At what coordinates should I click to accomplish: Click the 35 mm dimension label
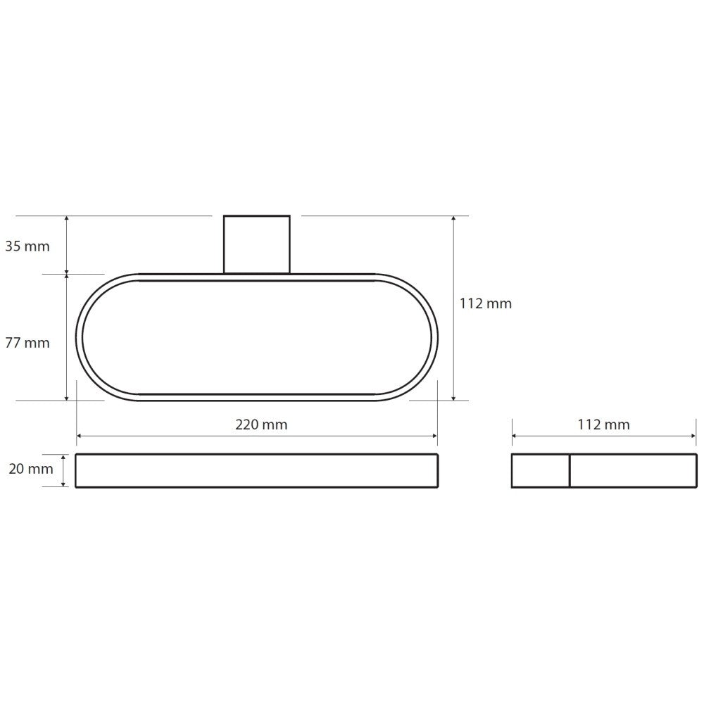pos(27,246)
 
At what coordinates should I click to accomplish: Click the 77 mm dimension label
pos(27,343)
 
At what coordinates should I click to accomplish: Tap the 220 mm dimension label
pos(261,425)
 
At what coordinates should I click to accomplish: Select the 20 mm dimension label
pos(31,469)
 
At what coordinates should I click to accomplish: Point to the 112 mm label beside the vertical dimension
pos(486,303)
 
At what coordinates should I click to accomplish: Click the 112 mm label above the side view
pos(604,425)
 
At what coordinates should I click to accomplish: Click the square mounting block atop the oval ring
pos(257,244)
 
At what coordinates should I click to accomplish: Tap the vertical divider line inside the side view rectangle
pos(570,470)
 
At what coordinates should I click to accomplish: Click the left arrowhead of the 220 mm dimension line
pos(80,436)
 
